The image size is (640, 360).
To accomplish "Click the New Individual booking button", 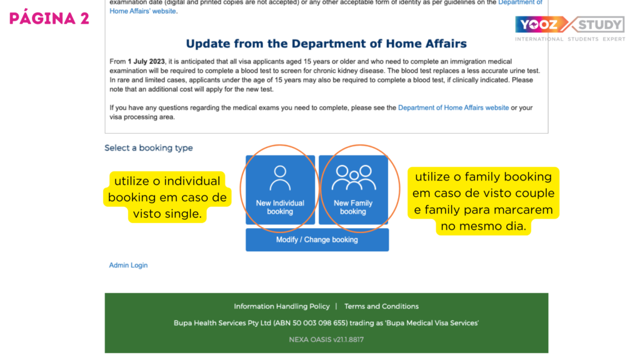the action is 280,189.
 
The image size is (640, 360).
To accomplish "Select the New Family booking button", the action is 354,189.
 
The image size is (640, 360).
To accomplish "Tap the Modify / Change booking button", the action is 317,239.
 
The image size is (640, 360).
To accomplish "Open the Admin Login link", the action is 128,265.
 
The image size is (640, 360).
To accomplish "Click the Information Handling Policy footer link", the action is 282,306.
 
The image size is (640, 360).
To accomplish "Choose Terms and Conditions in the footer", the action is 381,306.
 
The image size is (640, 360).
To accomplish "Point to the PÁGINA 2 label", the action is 49,18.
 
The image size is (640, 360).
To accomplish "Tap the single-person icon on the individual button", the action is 280,178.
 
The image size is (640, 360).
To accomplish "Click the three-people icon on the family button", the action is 354,177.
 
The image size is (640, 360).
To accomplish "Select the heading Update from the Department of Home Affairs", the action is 326,44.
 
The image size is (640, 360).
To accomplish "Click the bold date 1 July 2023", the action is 146,62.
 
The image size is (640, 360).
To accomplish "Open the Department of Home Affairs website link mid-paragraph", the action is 454,107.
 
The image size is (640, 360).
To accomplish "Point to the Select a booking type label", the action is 149,147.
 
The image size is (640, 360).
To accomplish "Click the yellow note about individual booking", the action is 167,197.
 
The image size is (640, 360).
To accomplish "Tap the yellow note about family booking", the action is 483,201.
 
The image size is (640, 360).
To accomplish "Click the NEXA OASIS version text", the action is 326,339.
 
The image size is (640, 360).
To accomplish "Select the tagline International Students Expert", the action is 570,39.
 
